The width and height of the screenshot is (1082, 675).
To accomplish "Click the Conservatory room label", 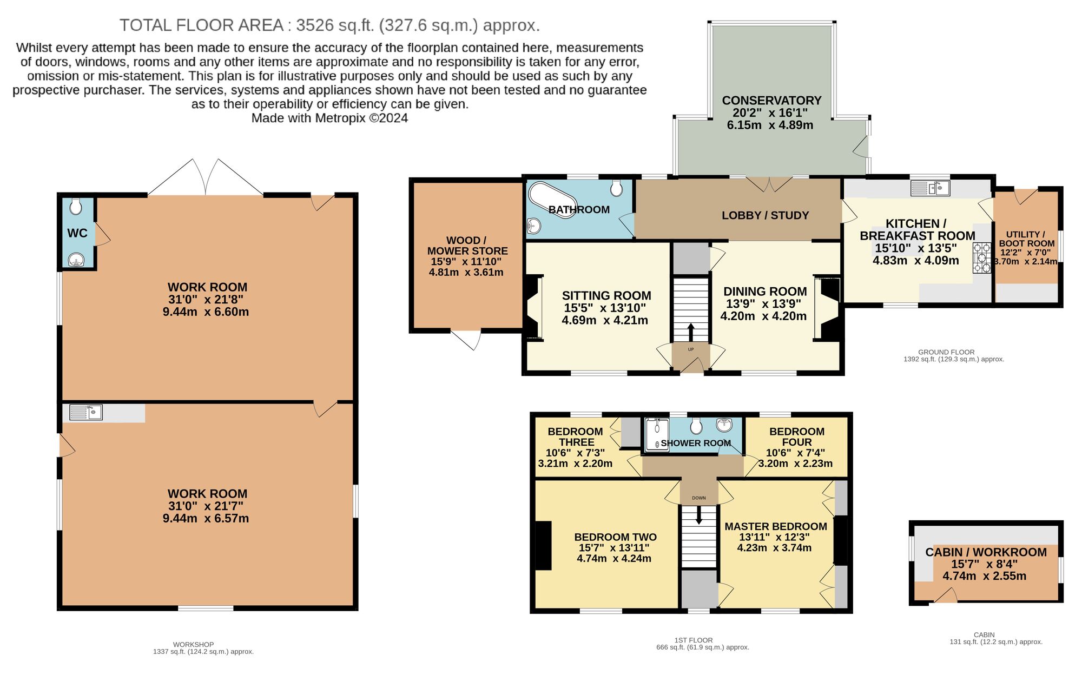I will point(771,101).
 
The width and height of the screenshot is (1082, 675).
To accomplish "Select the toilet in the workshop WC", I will point(76,206).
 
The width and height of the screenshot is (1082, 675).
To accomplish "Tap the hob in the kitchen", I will point(981,259).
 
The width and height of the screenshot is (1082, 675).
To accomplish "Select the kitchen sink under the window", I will point(931,188).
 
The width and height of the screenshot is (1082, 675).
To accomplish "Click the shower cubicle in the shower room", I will point(656,434).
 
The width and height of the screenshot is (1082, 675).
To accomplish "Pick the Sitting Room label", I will point(606,296).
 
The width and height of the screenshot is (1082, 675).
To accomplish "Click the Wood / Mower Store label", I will point(467,246).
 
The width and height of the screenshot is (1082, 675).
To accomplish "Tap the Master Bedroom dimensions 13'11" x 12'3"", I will point(774,537).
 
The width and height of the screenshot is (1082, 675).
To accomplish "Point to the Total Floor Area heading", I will point(329,25).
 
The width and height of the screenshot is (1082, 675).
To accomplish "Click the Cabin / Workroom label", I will point(986,552).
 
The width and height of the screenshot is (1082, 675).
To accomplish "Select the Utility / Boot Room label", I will point(1026,239).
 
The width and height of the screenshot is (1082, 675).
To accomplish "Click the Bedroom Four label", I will point(796,436).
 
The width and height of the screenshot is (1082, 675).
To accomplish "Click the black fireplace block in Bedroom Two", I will point(543,545).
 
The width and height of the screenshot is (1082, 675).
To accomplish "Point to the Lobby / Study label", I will point(765,215).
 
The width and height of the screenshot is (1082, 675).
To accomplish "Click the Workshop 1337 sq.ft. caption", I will point(203,648).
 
